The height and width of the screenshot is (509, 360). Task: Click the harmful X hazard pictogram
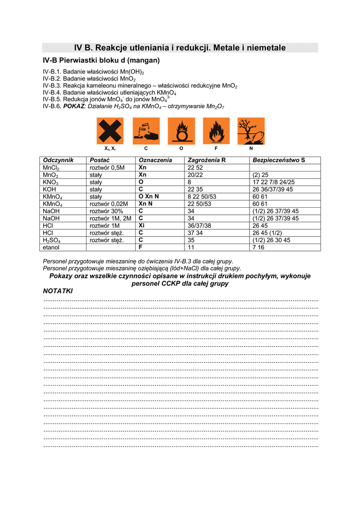(x=110, y=131)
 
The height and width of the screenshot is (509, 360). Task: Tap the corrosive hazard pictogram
(x=146, y=131)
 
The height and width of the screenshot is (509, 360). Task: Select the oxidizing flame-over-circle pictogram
(x=181, y=131)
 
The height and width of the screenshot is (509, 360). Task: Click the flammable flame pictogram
(x=216, y=131)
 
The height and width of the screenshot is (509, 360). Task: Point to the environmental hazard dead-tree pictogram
(x=251, y=131)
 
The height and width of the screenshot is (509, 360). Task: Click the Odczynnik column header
(x=58, y=160)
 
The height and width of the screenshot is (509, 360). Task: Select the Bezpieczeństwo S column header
(x=278, y=160)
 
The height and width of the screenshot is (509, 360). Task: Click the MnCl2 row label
(x=51, y=168)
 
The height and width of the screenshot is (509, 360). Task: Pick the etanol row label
(x=52, y=247)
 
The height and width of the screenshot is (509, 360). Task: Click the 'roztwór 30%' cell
(x=106, y=211)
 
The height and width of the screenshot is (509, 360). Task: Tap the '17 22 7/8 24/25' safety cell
(x=273, y=182)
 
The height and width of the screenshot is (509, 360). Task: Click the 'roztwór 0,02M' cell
(x=109, y=204)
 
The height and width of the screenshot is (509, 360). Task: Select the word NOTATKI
(x=58, y=291)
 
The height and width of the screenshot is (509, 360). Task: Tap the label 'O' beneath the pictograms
(x=181, y=149)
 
